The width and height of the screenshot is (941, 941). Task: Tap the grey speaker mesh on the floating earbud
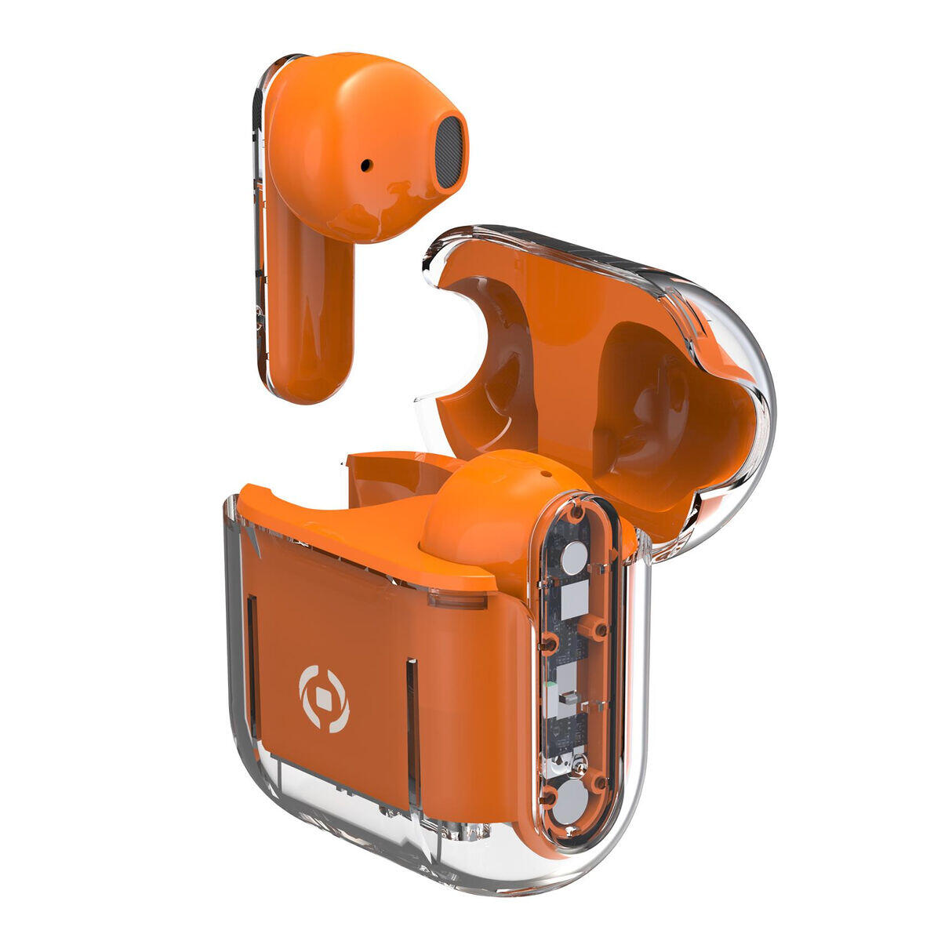click(x=448, y=153)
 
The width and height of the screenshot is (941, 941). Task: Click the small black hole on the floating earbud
click(x=366, y=165)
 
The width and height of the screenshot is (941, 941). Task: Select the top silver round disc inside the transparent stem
click(x=575, y=558)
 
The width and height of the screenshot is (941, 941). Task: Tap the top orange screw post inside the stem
click(x=577, y=514)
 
